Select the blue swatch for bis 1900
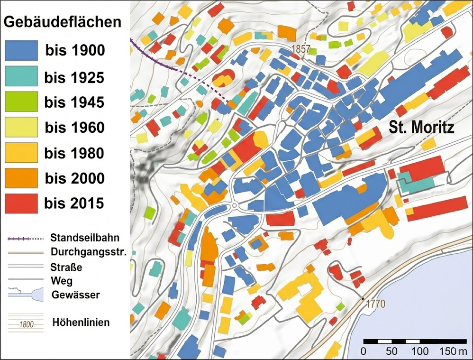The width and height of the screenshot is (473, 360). (x=21, y=50)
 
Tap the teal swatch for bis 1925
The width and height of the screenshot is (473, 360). (x=21, y=76)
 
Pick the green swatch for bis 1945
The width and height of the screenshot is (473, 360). (x=21, y=102)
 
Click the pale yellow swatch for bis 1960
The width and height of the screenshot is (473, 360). (x=21, y=128)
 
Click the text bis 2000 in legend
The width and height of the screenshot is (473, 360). (x=74, y=179)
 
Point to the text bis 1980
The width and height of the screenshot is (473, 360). (x=74, y=153)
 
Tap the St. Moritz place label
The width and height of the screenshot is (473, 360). (x=421, y=128)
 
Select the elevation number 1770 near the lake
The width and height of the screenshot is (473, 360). (x=375, y=304)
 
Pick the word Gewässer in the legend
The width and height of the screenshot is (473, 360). (x=76, y=295)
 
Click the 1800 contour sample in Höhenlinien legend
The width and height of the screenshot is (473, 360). (x=27, y=325)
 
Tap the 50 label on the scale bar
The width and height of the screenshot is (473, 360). (x=391, y=352)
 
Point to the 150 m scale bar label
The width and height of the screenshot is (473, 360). (x=452, y=352)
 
